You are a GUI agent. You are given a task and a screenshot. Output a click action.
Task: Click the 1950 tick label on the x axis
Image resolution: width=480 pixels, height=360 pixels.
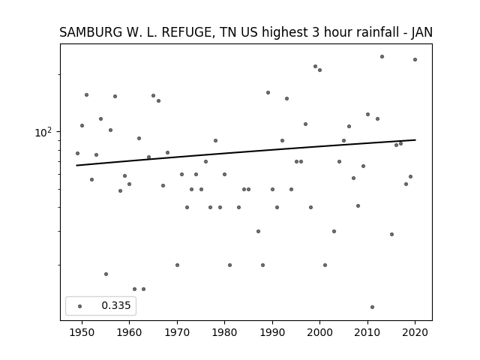pyautogui.click(x=82, y=332)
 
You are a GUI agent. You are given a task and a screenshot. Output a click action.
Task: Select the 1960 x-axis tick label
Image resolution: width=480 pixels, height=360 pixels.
pyautogui.click(x=129, y=332)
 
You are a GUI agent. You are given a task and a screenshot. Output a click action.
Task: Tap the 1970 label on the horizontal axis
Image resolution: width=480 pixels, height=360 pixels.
pyautogui.click(x=177, y=332)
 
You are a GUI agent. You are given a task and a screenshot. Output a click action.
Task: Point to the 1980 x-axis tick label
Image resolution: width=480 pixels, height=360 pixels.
pyautogui.click(x=224, y=332)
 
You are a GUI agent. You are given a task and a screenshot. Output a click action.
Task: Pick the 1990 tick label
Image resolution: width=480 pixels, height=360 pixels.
pyautogui.click(x=272, y=332)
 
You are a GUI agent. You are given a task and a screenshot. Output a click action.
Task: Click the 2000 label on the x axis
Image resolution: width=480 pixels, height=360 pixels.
pyautogui.click(x=319, y=332)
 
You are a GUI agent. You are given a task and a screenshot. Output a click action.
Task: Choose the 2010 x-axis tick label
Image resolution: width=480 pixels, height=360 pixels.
pyautogui.click(x=367, y=332)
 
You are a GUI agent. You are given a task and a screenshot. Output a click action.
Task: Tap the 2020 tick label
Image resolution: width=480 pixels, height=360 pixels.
pyautogui.click(x=415, y=332)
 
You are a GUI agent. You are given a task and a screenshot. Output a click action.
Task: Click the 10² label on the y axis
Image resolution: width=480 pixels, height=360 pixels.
pyautogui.click(x=43, y=132)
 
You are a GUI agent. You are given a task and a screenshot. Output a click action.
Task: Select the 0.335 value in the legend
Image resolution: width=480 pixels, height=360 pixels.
pyautogui.click(x=116, y=305)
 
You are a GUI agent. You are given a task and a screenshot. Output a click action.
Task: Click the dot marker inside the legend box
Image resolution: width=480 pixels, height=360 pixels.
pyautogui.click(x=79, y=306)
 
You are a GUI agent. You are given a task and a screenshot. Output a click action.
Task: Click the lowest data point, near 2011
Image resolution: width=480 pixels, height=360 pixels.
pyautogui.click(x=372, y=307)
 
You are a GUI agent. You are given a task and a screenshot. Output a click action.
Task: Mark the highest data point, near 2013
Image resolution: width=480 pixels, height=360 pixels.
pyautogui.click(x=382, y=57)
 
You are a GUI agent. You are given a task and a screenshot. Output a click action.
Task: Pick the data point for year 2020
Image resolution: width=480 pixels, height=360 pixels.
pyautogui.click(x=415, y=60)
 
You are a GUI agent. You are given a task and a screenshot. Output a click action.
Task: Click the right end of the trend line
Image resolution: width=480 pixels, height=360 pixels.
pyautogui.click(x=415, y=140)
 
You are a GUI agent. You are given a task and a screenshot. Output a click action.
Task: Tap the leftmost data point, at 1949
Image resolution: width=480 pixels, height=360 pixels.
pyautogui.click(x=77, y=153)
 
